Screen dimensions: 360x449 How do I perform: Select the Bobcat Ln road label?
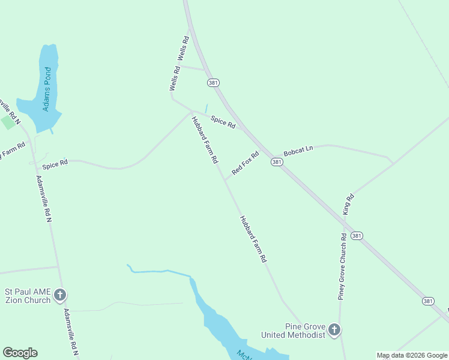pyautogui.click(x=298, y=150)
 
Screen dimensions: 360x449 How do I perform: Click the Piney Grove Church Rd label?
pyautogui.click(x=343, y=266)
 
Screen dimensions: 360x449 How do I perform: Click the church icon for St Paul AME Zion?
pyautogui.click(x=60, y=295)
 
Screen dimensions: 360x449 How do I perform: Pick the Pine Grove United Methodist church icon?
pyautogui.click(x=334, y=329)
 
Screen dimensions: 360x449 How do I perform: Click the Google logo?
pyautogui.click(x=20, y=353)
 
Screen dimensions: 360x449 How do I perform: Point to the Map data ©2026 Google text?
pyautogui.click(x=412, y=355)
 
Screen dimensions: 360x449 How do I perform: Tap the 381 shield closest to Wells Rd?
pyautogui.click(x=214, y=82)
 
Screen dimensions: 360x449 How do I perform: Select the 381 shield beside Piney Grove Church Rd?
pyautogui.click(x=357, y=236)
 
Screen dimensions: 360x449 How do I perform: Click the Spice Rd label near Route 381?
pyautogui.click(x=223, y=122)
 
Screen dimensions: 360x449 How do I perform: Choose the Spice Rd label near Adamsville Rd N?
pyautogui.click(x=55, y=163)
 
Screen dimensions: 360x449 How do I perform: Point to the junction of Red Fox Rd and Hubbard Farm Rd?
pyautogui.click(x=225, y=179)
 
